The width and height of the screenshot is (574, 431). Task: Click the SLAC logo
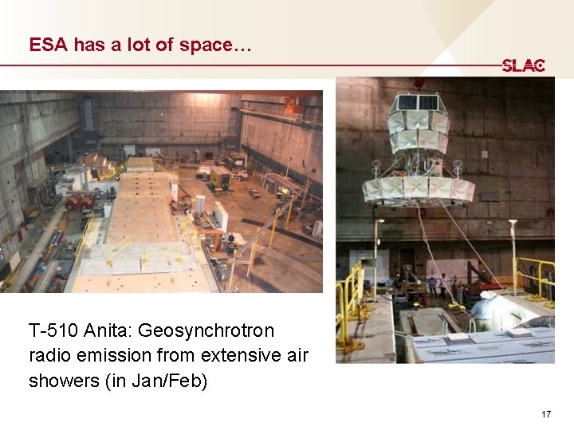523,66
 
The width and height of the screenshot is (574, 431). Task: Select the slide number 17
545,414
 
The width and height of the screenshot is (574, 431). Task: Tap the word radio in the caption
50,356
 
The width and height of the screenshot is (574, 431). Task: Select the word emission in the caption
115,356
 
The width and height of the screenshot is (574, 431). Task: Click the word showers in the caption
65,382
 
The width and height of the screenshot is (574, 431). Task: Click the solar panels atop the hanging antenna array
418,102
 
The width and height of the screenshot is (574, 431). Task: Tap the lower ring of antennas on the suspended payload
418,189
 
